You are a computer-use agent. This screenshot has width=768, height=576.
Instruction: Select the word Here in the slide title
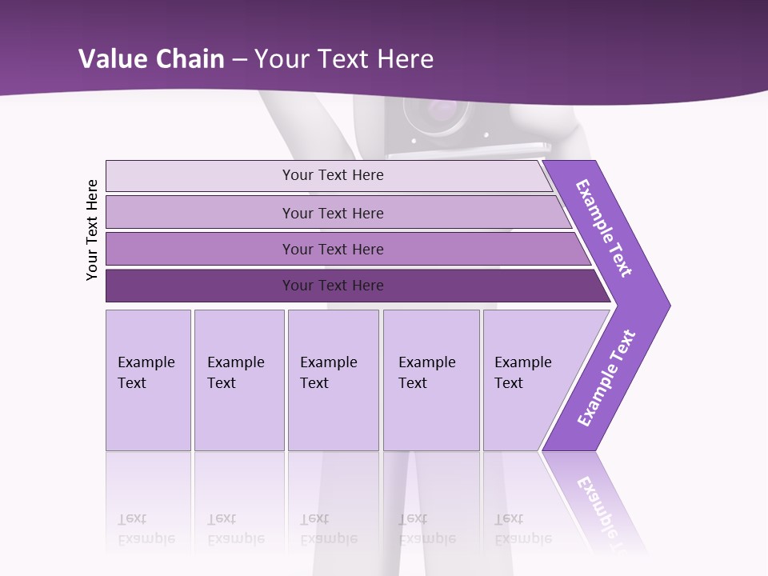coord(405,59)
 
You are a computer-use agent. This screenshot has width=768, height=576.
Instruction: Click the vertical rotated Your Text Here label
coord(92,230)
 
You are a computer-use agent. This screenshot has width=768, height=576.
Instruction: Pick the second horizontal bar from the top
coord(332,213)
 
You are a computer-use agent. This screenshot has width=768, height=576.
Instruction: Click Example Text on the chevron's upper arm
coord(604,228)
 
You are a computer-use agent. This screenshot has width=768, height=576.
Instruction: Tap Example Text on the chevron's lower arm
coord(606,378)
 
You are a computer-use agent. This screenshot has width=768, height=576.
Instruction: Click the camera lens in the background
coord(436,112)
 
